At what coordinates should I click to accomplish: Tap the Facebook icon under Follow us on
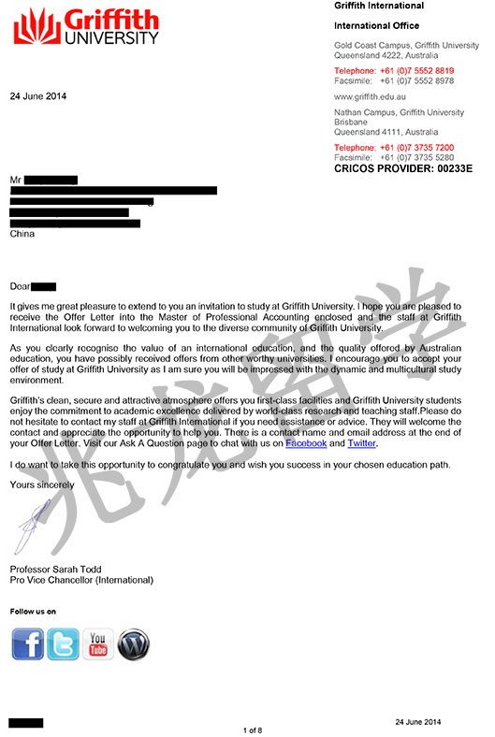pyautogui.click(x=28, y=644)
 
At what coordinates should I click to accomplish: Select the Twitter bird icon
pyautogui.click(x=63, y=644)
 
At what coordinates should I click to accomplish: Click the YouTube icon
pyautogui.click(x=98, y=644)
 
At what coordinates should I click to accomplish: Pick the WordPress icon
pyautogui.click(x=134, y=644)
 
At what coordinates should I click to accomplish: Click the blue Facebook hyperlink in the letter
pyautogui.click(x=306, y=443)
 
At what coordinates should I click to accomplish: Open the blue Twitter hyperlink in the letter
pyautogui.click(x=361, y=443)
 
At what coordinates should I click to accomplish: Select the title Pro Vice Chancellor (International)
pyautogui.click(x=81, y=580)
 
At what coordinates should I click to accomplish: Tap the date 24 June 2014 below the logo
pyautogui.click(x=37, y=96)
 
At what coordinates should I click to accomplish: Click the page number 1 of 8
pyautogui.click(x=253, y=730)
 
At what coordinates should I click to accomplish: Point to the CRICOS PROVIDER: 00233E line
pyautogui.click(x=403, y=168)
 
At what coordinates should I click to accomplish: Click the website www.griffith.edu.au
pyautogui.click(x=371, y=96)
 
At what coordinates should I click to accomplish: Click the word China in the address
pyautogui.click(x=22, y=234)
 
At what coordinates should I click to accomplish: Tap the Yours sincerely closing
pyautogui.click(x=40, y=484)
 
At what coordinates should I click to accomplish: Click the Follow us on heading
pyautogui.click(x=33, y=612)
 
